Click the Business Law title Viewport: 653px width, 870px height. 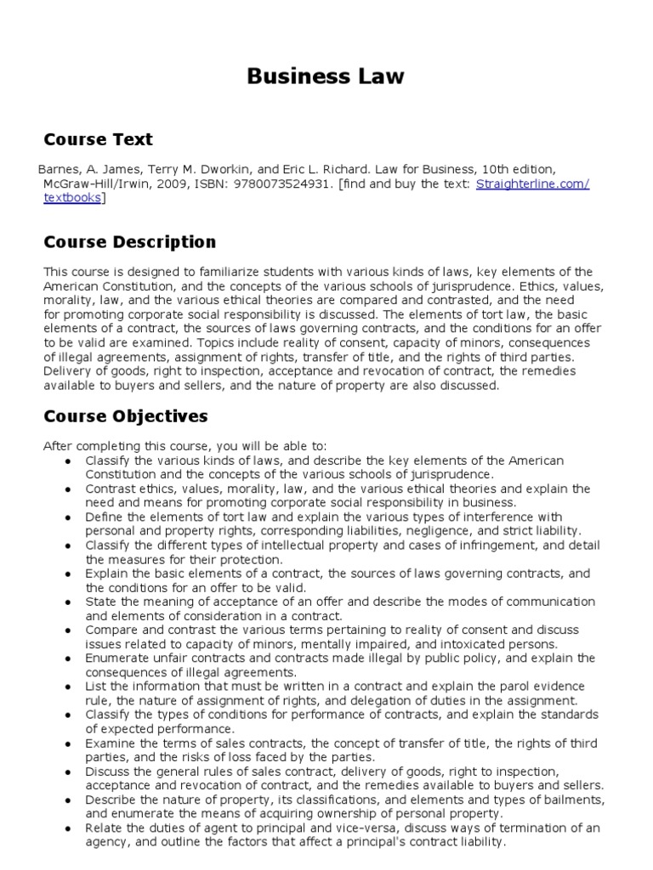(x=326, y=77)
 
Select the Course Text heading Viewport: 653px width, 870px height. (x=98, y=139)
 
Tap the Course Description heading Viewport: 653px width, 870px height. (x=129, y=242)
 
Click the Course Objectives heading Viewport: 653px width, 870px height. (x=125, y=416)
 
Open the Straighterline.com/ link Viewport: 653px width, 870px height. (x=532, y=184)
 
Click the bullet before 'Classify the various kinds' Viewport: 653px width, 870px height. (x=67, y=460)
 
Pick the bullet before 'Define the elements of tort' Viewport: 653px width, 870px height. (x=67, y=517)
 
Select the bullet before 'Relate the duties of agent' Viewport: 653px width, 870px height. (x=67, y=829)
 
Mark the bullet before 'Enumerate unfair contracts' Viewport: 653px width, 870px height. (x=67, y=658)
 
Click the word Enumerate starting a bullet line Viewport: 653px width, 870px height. (x=114, y=658)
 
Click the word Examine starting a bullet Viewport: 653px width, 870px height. (x=108, y=743)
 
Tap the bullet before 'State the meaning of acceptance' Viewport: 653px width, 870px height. (x=67, y=602)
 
